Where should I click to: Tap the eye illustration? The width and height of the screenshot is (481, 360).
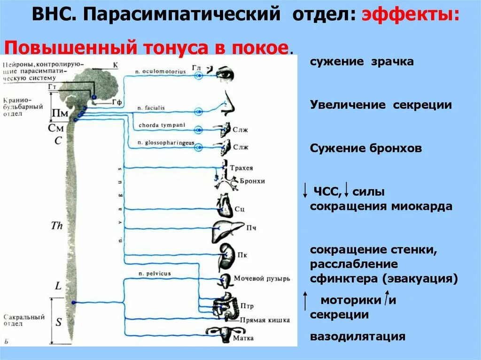(225, 73)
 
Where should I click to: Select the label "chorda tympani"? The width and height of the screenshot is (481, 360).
(162, 125)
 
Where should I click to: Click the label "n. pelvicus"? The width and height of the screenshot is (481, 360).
(155, 273)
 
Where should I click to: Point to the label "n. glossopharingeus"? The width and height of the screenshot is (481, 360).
(166, 142)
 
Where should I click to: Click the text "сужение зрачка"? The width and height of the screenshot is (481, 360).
(362, 62)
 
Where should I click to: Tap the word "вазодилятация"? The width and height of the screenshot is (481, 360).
(357, 337)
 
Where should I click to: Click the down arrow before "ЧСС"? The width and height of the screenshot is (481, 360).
(305, 190)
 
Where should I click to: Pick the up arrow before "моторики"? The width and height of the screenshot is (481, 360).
(305, 300)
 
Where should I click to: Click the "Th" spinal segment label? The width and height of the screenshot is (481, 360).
(57, 226)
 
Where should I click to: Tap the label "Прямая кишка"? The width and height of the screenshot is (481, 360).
(264, 320)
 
